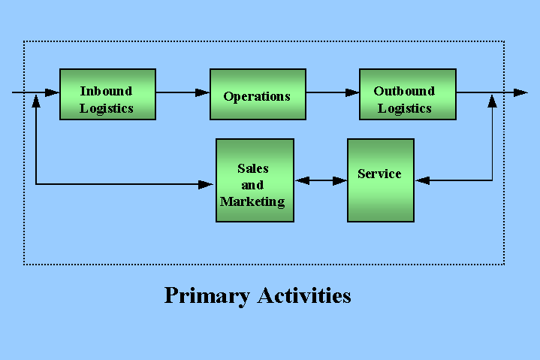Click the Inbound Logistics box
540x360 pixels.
tap(108, 95)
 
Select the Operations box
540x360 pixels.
tap(258, 95)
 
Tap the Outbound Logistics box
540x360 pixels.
tap(408, 95)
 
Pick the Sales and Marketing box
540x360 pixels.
tap(255, 180)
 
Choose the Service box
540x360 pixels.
tap(381, 180)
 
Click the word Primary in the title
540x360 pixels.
tap(207, 295)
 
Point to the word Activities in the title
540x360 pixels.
tap(304, 295)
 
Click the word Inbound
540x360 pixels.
tap(106, 91)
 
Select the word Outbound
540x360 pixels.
tap(404, 91)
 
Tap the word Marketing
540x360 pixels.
tap(252, 202)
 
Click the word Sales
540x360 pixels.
tap(253, 168)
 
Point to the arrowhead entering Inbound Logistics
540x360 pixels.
tap(53, 92)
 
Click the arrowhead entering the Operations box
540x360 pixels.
tap(203, 92)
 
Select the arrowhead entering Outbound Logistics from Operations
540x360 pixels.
tap(352, 92)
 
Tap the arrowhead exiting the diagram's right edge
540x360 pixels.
tap(520, 92)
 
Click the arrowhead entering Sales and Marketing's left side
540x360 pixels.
tap(206, 184)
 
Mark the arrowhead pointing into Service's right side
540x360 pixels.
tap(422, 180)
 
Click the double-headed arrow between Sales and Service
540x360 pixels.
tap(321, 180)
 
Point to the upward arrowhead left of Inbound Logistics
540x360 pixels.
tap(36, 101)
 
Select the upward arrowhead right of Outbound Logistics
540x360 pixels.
tap(493, 101)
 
